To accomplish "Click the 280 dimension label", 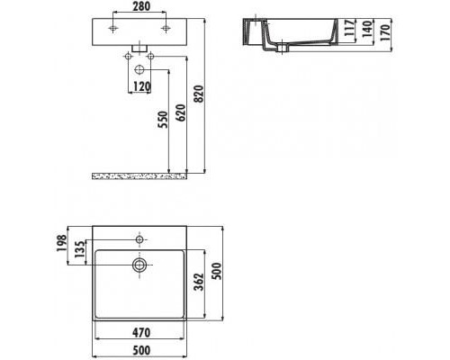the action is (x=141, y=6).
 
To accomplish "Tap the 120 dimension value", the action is (x=141, y=86).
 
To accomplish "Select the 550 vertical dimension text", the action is (x=163, y=120).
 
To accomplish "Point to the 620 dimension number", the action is (x=181, y=112).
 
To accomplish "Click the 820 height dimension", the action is (x=199, y=94).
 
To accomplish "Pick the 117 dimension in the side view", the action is (x=349, y=28).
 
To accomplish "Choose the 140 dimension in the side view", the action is (x=367, y=29).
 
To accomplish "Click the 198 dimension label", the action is (x=62, y=243).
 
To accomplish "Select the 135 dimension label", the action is (x=79, y=249).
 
